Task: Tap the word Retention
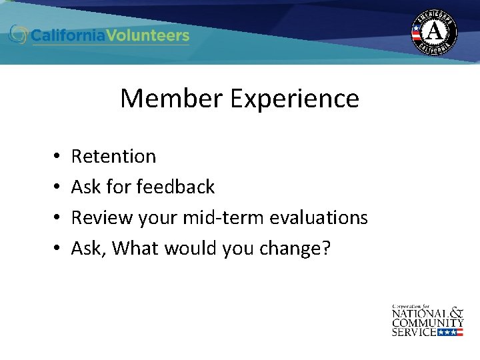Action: click(113, 156)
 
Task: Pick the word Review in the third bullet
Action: click(99, 217)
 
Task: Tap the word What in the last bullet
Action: click(135, 248)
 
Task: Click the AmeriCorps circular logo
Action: click(434, 31)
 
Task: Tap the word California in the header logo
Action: click(70, 35)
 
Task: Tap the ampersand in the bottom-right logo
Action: click(455, 311)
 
